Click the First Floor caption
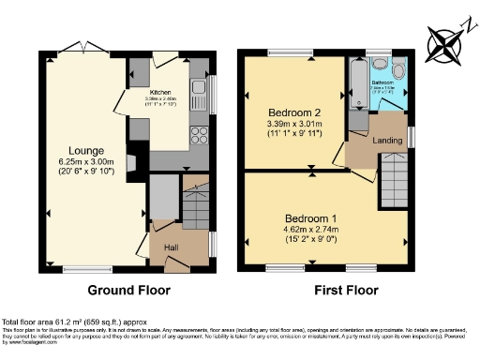(x=326, y=290)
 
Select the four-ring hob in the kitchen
(x=199, y=134)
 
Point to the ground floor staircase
(x=195, y=203)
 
